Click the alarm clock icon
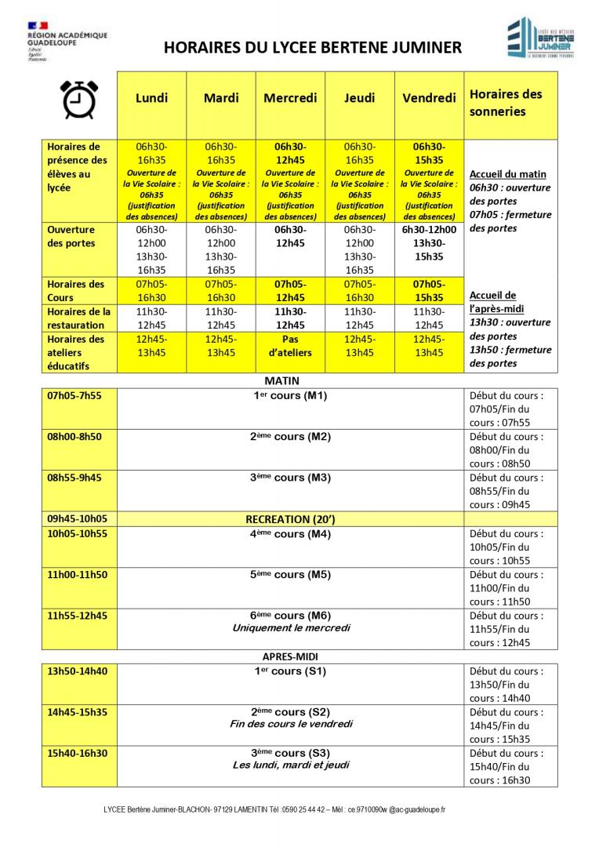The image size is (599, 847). [x=78, y=99]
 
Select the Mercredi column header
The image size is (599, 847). [x=290, y=98]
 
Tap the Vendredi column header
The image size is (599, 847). [x=429, y=98]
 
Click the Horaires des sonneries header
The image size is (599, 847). [x=505, y=103]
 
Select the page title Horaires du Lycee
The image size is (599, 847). [x=312, y=48]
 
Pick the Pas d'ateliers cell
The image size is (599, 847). [x=290, y=346]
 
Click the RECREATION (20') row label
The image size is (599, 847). [x=290, y=518]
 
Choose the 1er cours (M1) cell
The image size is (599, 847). [x=290, y=395]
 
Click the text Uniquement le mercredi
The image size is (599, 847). [x=291, y=628]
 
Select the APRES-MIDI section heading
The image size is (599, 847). [x=290, y=656]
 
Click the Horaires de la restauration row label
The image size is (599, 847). [x=78, y=318]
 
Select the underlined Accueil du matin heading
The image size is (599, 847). [x=507, y=174]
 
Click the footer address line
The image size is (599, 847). [x=274, y=809]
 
